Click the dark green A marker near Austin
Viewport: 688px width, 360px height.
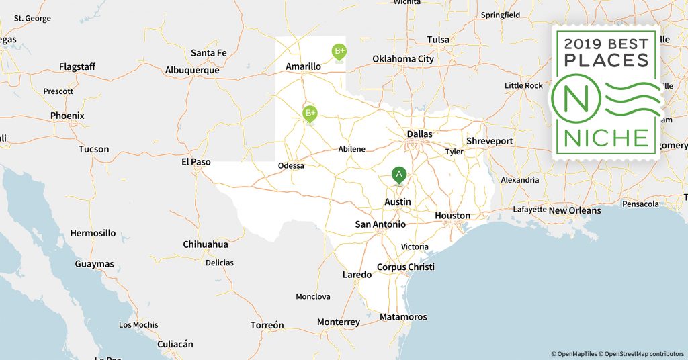(x=399, y=175)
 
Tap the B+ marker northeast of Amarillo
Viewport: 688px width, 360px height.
(x=339, y=51)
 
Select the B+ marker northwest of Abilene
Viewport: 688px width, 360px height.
(x=310, y=113)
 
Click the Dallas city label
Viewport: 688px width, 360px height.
(x=419, y=134)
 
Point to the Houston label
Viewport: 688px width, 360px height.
(x=452, y=216)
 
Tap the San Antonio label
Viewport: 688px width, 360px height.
(x=380, y=224)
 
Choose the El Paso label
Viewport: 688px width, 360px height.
(x=196, y=162)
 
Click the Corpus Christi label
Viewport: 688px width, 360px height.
(x=405, y=267)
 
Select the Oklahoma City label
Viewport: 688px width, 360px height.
(x=403, y=59)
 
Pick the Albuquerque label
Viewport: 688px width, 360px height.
(x=192, y=70)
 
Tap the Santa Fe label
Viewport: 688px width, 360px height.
(x=208, y=53)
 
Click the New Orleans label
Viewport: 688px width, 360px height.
(x=574, y=211)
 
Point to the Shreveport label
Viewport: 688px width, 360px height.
(x=490, y=142)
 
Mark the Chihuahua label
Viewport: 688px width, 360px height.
(x=206, y=245)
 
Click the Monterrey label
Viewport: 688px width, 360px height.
(x=339, y=322)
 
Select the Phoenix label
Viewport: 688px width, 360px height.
(x=67, y=116)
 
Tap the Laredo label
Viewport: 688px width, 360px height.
(x=357, y=275)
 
